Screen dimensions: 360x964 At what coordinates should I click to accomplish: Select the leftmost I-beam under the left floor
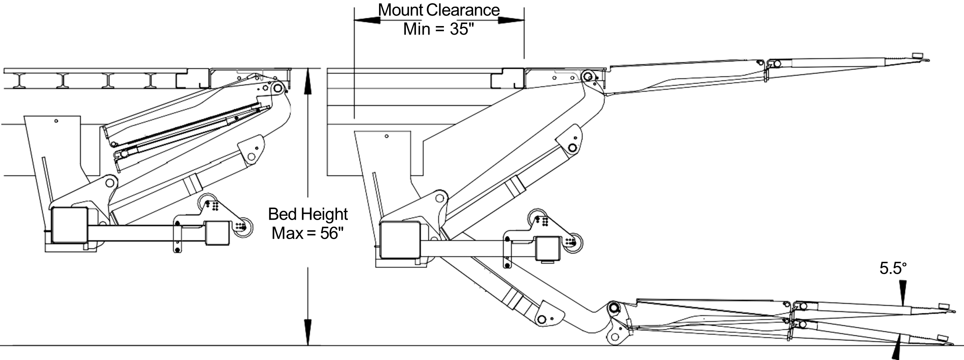tap(19, 81)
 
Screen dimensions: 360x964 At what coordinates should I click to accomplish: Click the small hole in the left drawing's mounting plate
tap(56, 121)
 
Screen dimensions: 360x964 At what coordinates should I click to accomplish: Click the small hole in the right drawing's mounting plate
tap(386, 136)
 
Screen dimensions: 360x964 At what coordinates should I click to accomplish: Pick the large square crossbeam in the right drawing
tap(400, 239)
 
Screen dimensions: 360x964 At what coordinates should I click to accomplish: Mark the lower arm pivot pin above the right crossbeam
tap(440, 197)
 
